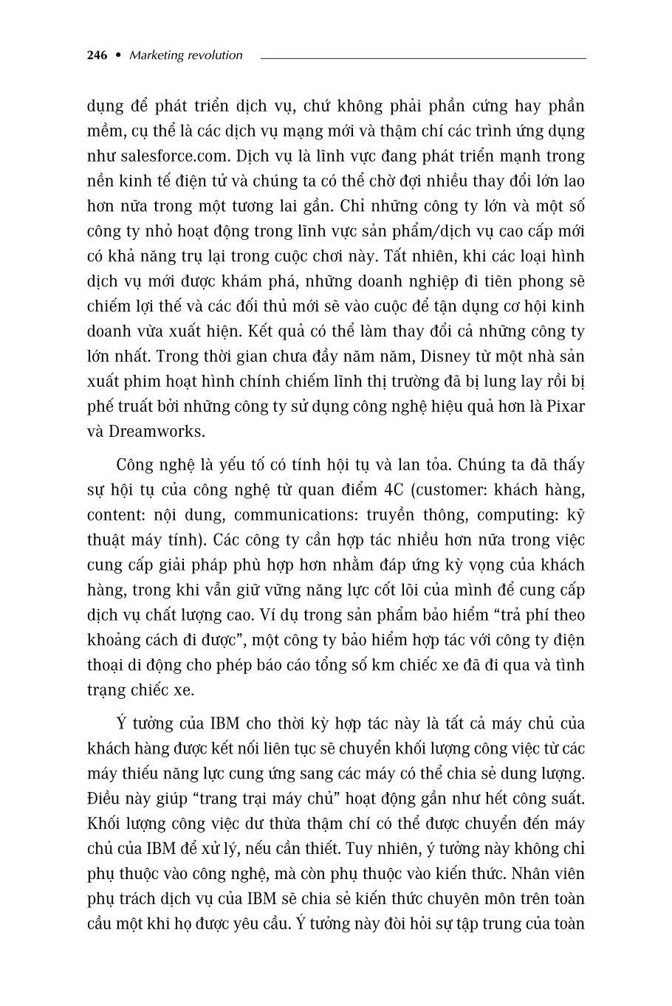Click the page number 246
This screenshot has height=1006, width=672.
click(x=97, y=55)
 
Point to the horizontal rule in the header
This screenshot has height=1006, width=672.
click(x=423, y=58)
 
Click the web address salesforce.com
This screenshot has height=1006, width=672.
click(x=169, y=156)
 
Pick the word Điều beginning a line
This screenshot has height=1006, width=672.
click(x=104, y=799)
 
